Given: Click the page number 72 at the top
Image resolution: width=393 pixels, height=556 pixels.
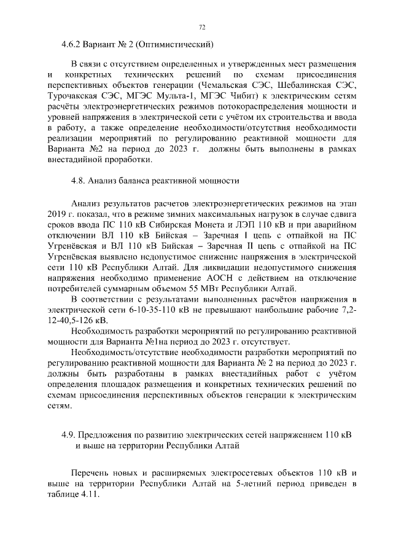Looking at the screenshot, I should pos(202,28).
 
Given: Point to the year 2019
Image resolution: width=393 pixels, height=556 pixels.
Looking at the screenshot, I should pos(56,214).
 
